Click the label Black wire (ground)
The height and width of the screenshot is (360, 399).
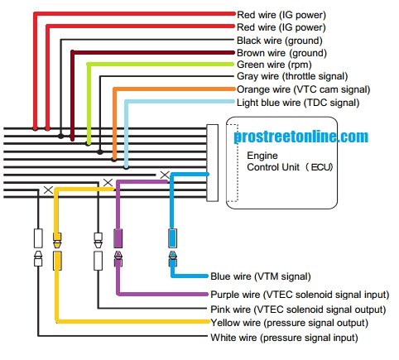[x=279, y=40]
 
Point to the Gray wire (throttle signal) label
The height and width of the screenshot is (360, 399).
[x=292, y=77]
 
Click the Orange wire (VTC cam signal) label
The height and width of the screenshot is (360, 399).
[x=302, y=89]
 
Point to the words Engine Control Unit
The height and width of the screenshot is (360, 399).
[x=281, y=161]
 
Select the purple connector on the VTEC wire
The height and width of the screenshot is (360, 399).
[x=118, y=238]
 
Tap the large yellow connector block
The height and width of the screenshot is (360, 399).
[x=57, y=262]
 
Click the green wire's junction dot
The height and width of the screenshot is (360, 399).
[x=88, y=142]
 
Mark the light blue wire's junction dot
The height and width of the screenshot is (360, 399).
[x=126, y=166]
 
